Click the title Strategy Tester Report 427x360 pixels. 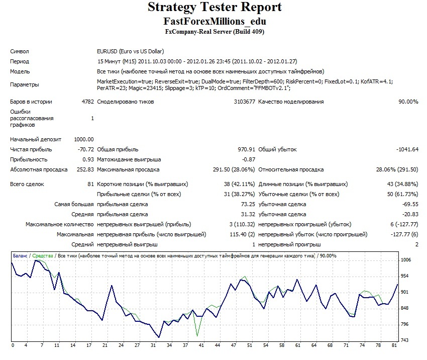[x=215, y=8]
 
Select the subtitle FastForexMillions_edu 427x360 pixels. [x=215, y=21]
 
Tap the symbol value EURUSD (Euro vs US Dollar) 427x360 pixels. [x=131, y=51]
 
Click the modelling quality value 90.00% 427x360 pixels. [x=408, y=102]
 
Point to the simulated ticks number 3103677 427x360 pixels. [x=244, y=102]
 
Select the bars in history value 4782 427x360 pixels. [x=88, y=102]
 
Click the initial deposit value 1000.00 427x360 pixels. [x=84, y=139]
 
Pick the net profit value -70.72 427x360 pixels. [x=85, y=149]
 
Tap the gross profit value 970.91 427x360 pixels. [x=246, y=149]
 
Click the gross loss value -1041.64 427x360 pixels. [x=407, y=149]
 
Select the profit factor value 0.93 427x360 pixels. [x=88, y=159]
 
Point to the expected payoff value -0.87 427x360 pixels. [x=248, y=159]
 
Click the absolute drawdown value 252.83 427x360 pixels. [x=85, y=169]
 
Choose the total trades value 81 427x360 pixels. [x=91, y=184]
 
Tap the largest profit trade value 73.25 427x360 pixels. [x=248, y=204]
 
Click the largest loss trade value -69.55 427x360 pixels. [x=410, y=204]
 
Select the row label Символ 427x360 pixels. [x=19, y=51]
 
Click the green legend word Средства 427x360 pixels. [x=43, y=255]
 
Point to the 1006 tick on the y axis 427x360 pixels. [x=406, y=260]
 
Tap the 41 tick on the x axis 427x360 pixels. [x=201, y=345]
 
